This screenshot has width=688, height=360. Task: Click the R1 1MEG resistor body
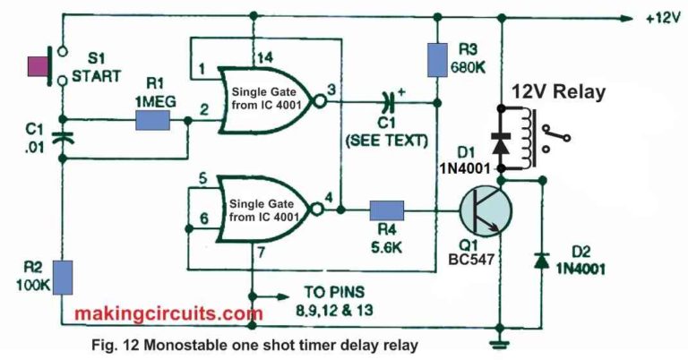point(152,120)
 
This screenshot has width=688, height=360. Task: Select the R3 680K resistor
point(437,60)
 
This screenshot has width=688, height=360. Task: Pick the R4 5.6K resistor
point(387,210)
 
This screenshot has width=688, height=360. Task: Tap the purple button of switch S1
point(39,66)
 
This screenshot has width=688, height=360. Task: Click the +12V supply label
point(663,19)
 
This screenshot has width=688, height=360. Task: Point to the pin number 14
point(265,57)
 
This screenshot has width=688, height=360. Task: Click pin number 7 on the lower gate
point(261,253)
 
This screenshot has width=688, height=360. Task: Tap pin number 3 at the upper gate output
point(331,90)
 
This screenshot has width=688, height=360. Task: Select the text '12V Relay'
point(559,92)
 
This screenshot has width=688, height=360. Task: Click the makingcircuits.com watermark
point(169,313)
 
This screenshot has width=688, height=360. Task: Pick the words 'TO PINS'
point(334,292)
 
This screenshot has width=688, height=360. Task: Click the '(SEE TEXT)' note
point(387,141)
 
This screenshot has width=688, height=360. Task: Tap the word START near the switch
point(96,76)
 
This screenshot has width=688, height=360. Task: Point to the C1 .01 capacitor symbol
point(63,137)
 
